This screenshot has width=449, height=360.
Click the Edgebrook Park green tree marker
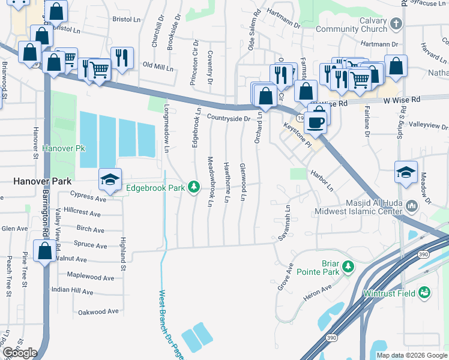click(194, 188)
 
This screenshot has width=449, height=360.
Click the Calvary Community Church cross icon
click(396, 24)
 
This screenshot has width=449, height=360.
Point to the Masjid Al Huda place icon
click(412, 206)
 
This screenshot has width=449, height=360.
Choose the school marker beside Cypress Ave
click(109, 179)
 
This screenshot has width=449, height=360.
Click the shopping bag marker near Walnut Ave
click(45, 251)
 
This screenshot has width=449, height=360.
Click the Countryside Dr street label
click(229, 118)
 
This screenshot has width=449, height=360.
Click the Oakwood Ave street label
click(98, 312)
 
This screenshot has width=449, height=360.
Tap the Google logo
click(20, 352)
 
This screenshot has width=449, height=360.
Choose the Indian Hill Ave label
click(72, 291)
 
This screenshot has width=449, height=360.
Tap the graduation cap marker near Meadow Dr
click(406, 172)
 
